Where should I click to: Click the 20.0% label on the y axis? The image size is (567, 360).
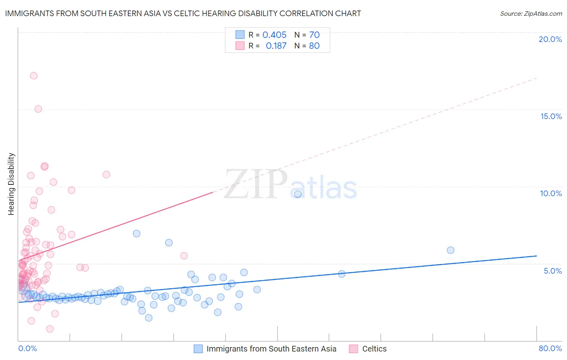(x=550, y=39)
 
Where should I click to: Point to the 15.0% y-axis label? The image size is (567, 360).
(x=551, y=116)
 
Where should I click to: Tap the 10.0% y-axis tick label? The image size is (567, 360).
(x=551, y=193)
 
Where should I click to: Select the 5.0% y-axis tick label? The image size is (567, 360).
(x=552, y=271)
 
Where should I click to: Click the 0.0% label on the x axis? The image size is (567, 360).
(x=27, y=348)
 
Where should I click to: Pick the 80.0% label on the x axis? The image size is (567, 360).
(x=550, y=348)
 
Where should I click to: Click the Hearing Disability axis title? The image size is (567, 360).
(x=11, y=184)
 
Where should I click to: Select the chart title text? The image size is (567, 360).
(x=183, y=13)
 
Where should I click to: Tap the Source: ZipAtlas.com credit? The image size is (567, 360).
(x=531, y=13)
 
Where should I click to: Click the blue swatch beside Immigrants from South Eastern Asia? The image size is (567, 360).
(x=198, y=349)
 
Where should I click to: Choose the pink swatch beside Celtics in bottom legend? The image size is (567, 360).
(x=354, y=349)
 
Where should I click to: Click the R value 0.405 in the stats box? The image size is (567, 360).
(x=274, y=35)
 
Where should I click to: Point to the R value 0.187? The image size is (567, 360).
(x=276, y=46)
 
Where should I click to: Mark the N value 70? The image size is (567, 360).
(x=314, y=35)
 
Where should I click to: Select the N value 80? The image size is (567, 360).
(x=314, y=46)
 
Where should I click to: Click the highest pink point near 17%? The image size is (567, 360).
(x=34, y=75)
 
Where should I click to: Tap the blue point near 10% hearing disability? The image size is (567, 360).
(x=298, y=194)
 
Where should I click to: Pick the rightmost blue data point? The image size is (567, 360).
(x=450, y=250)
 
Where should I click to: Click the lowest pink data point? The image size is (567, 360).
(x=50, y=329)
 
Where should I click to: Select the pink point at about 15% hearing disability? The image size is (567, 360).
(x=38, y=109)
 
